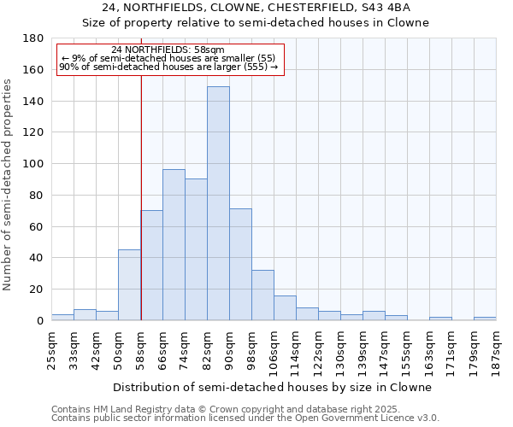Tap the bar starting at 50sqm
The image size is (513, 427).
[x=129, y=284]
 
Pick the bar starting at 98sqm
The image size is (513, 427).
[x=262, y=295]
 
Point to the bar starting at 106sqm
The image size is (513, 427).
[x=285, y=308]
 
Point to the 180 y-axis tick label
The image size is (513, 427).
[x=33, y=38]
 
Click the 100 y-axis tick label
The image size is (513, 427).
[x=33, y=164]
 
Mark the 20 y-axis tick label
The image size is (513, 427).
[x=37, y=290]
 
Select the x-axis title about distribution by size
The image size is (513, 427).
[x=272, y=387]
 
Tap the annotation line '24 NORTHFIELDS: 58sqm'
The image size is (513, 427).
[x=168, y=50]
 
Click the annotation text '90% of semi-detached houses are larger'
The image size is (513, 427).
[x=168, y=67]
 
